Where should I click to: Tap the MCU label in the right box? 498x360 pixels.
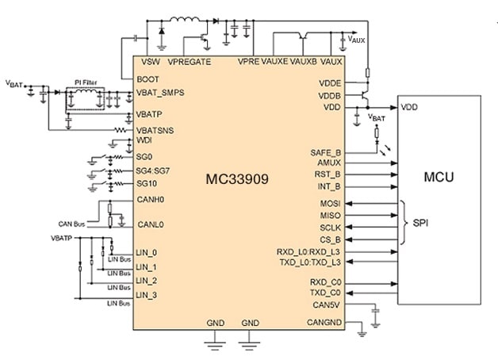[x=439, y=175]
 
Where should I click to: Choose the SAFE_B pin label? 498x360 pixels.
[x=326, y=151]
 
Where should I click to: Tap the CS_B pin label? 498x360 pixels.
[x=331, y=238]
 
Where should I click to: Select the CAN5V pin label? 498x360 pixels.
[x=327, y=304]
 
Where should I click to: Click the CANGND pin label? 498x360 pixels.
[x=324, y=322]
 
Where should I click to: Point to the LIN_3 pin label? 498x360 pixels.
[x=147, y=295]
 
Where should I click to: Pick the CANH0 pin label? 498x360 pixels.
[x=151, y=200]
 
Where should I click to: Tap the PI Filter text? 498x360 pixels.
[x=85, y=82]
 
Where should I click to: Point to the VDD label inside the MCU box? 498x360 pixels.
[x=410, y=107]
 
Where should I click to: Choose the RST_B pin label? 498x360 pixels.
[x=328, y=174]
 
